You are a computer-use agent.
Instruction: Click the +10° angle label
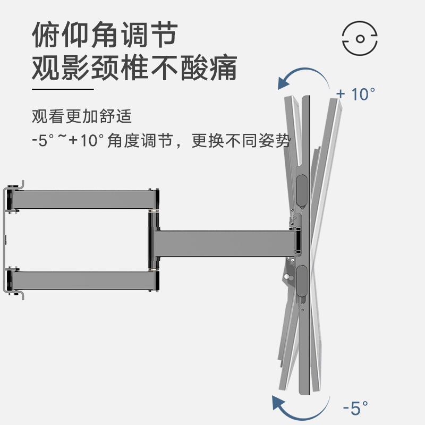pos(355,95)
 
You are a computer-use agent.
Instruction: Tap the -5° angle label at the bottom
pos(355,408)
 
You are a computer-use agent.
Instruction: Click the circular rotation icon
pos(360,38)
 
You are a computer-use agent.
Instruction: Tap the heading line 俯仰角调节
pos(104,36)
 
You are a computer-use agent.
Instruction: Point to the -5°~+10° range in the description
pos(67,141)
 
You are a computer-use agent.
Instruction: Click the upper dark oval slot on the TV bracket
pos(300,190)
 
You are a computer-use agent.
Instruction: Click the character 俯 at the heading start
pos(45,36)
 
